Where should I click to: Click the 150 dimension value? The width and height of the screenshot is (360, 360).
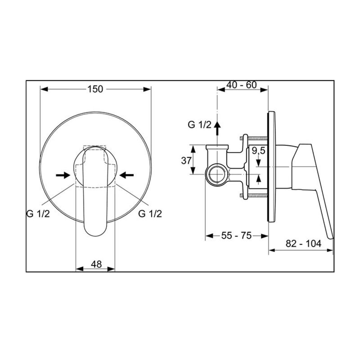click(x=95, y=89)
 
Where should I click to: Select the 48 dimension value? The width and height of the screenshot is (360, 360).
click(x=96, y=264)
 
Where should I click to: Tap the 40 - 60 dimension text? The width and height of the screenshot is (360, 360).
click(x=241, y=85)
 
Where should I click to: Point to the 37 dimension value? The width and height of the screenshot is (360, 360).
click(x=186, y=161)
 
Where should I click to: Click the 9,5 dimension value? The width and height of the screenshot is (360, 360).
click(x=258, y=151)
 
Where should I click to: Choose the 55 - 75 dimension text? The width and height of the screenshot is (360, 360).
click(x=236, y=236)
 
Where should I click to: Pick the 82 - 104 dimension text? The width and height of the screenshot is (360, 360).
click(x=303, y=244)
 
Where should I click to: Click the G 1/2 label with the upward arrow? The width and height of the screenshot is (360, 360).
click(x=199, y=125)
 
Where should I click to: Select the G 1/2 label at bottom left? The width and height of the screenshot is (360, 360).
click(x=38, y=214)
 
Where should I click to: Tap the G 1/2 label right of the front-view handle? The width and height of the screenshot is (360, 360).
click(x=150, y=214)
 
